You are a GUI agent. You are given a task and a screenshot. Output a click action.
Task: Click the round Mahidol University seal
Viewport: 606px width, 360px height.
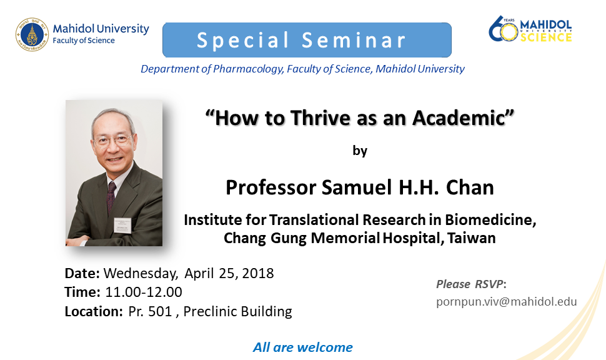[32, 34]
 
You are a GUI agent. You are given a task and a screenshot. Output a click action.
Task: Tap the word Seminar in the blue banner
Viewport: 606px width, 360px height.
[354, 40]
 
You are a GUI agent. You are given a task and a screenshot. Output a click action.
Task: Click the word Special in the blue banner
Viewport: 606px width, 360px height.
[243, 41]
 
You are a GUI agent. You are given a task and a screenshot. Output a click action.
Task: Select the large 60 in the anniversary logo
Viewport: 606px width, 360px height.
[503, 29]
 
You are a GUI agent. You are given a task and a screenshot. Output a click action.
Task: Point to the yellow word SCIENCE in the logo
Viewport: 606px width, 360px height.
[545, 37]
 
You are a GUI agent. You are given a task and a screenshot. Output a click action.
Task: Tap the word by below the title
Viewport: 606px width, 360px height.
[360, 150]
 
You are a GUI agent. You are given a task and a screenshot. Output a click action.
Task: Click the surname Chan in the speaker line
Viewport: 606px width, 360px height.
[470, 187]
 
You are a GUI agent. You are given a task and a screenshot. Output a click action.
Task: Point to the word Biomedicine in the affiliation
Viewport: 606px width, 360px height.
[490, 219]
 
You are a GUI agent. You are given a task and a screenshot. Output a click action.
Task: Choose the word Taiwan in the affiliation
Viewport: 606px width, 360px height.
[472, 238]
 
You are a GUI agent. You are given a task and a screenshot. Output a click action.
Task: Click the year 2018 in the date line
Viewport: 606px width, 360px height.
[258, 273]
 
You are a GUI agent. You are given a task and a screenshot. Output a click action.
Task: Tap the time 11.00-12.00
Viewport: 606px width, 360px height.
[144, 292]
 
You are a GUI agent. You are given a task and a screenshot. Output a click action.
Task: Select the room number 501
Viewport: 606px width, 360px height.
[160, 311]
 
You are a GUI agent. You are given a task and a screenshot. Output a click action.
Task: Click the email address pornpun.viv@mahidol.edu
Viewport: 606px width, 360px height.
[506, 302]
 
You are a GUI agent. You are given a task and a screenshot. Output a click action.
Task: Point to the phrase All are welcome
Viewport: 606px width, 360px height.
[302, 347]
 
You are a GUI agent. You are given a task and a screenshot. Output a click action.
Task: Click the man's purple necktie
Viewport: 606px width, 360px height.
[111, 197]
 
